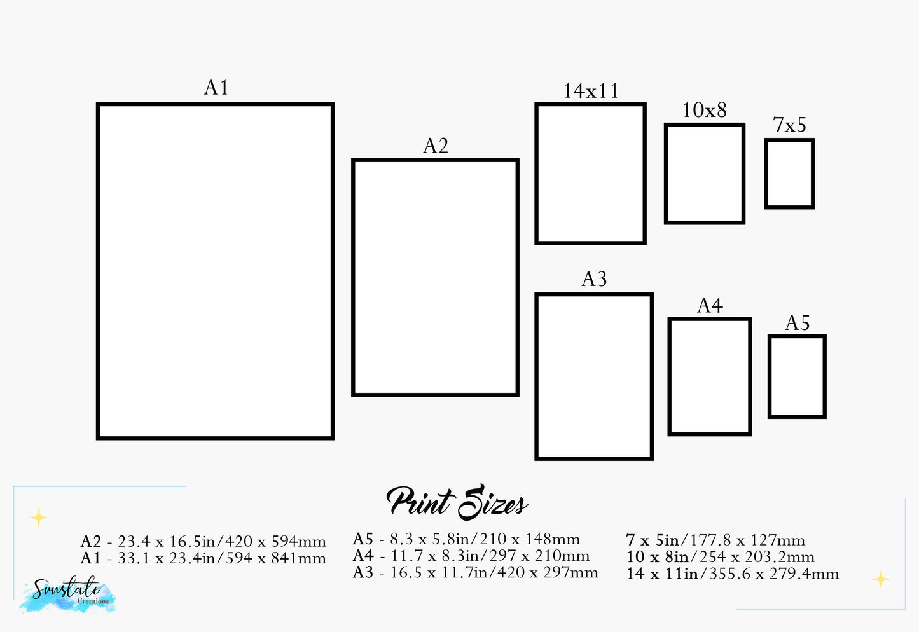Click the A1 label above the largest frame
point(216,88)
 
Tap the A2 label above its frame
point(436,146)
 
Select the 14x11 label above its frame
point(591,91)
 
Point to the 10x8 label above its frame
point(704,111)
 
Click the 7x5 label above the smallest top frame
point(789,125)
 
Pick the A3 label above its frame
point(594,279)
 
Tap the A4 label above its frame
point(710,306)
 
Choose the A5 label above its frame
point(797,323)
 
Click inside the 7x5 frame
point(789,174)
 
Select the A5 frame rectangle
point(797,376)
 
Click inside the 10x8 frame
point(705,174)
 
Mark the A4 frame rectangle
point(710,376)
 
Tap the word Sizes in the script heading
point(493,504)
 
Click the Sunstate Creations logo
point(67,594)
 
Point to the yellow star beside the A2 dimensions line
point(39,518)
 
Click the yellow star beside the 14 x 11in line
point(881,579)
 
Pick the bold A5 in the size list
point(363,539)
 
